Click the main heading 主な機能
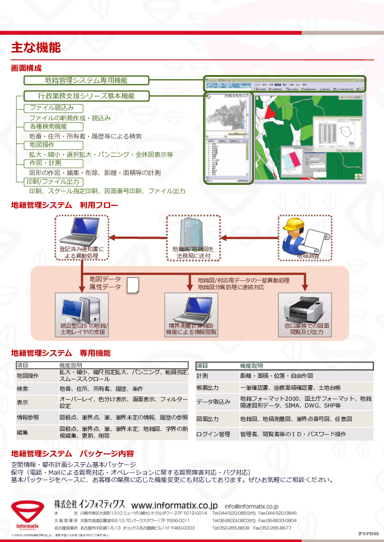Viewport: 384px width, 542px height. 36,48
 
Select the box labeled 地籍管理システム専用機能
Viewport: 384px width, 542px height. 86,80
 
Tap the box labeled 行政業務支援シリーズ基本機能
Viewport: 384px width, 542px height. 86,96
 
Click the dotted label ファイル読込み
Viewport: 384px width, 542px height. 52,108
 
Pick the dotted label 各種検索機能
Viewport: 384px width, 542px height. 48,127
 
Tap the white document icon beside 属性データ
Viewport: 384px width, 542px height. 133,285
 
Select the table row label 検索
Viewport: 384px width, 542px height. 22,389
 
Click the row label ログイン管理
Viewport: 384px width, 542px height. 213,434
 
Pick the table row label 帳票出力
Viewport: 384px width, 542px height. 207,388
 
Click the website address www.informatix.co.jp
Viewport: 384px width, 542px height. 174,505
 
